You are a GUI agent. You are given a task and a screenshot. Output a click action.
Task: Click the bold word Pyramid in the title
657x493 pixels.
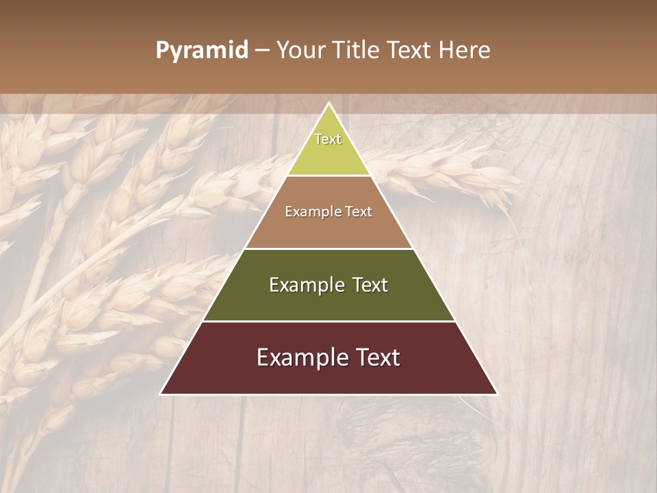click(x=202, y=51)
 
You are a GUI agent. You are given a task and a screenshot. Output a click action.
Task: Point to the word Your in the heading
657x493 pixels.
click(x=298, y=51)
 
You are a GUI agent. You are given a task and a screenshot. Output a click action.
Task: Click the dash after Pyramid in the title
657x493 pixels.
click(x=262, y=51)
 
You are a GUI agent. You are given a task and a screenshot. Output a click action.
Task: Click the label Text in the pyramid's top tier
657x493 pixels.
click(x=328, y=139)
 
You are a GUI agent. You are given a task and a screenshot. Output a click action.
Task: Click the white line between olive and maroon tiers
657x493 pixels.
click(x=328, y=321)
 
